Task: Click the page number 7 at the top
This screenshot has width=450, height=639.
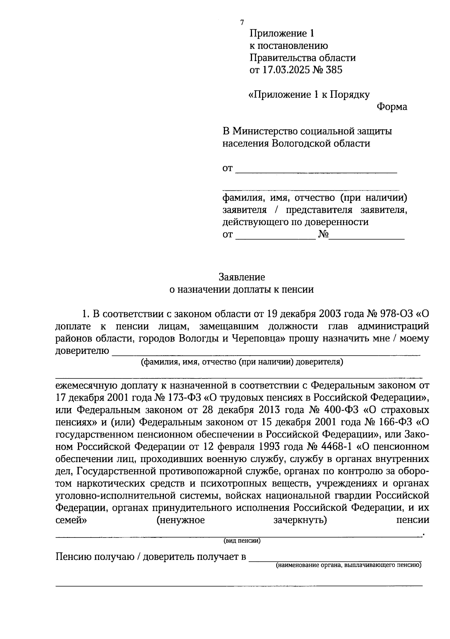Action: tap(242, 22)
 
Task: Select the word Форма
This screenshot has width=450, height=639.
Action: tap(392, 107)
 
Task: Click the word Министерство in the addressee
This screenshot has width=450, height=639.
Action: tap(265, 131)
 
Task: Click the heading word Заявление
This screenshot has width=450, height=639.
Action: tap(242, 277)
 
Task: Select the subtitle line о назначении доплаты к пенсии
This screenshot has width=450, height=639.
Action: tap(242, 289)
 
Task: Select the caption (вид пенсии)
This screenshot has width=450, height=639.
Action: tap(242, 541)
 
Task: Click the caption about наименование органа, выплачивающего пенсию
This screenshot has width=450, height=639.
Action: tap(349, 565)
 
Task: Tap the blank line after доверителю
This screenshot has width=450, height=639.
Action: tap(266, 352)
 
